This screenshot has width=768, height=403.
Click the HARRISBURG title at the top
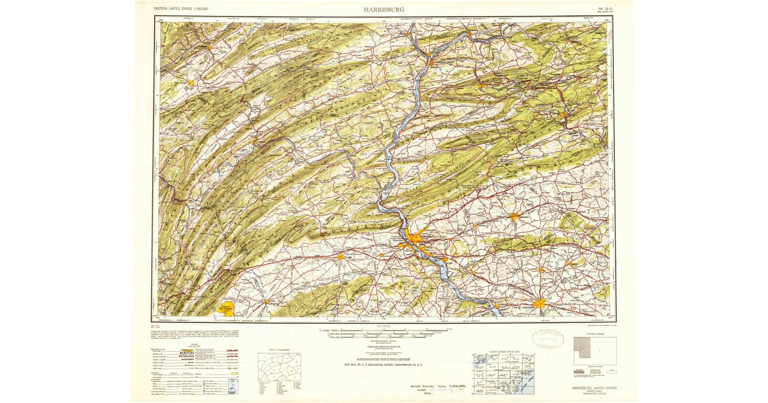(384, 10)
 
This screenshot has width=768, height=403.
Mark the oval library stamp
(547, 339)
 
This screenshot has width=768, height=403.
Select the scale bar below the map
(384, 333)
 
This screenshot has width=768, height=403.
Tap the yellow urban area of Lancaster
(539, 303)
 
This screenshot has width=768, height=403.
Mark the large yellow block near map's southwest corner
(227, 308)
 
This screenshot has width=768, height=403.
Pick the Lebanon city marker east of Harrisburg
(513, 217)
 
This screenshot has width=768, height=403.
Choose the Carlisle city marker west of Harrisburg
(340, 257)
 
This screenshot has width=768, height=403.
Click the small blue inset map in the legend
(232, 386)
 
